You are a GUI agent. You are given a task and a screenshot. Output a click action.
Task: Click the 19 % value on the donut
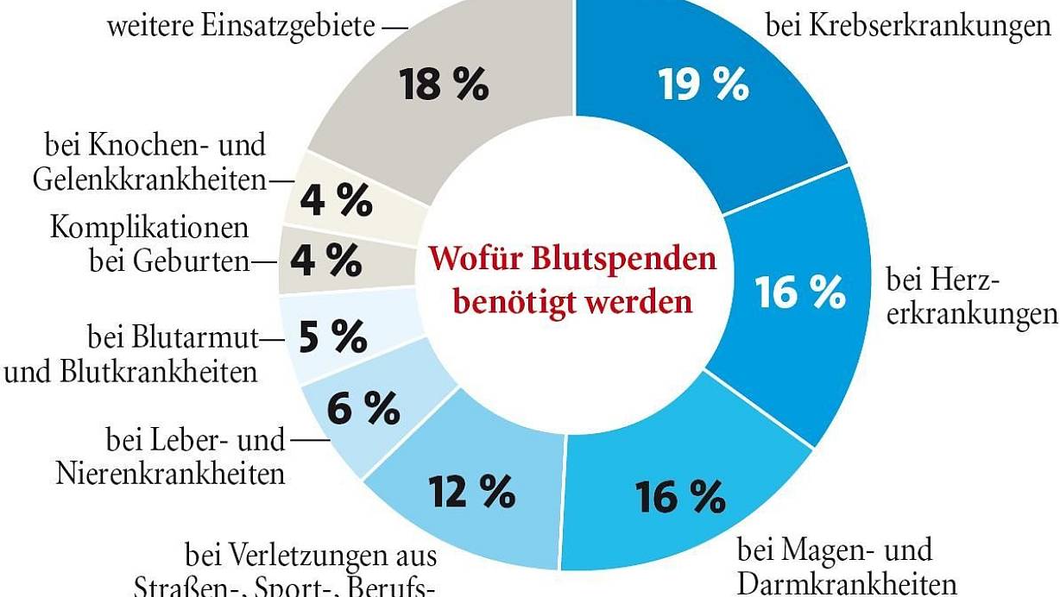point(704,84)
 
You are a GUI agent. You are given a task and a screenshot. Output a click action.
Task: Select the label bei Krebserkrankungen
point(907,28)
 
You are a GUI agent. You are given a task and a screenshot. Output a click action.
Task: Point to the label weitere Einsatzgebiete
point(243,26)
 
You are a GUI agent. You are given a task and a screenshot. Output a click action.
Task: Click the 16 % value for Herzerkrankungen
point(801,292)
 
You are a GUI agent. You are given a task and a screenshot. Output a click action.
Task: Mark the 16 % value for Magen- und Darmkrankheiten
point(680,496)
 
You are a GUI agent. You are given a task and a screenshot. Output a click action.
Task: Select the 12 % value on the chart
point(471,492)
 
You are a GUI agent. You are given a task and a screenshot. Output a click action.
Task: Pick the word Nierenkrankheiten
point(170,474)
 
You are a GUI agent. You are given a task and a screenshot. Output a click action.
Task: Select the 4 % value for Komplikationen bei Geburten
point(325,260)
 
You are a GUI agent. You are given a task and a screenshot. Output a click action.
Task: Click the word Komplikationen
point(149,228)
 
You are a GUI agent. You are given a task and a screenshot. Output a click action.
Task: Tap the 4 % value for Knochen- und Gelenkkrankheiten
point(337,200)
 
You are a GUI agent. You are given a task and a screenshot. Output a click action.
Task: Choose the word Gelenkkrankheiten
point(148,179)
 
